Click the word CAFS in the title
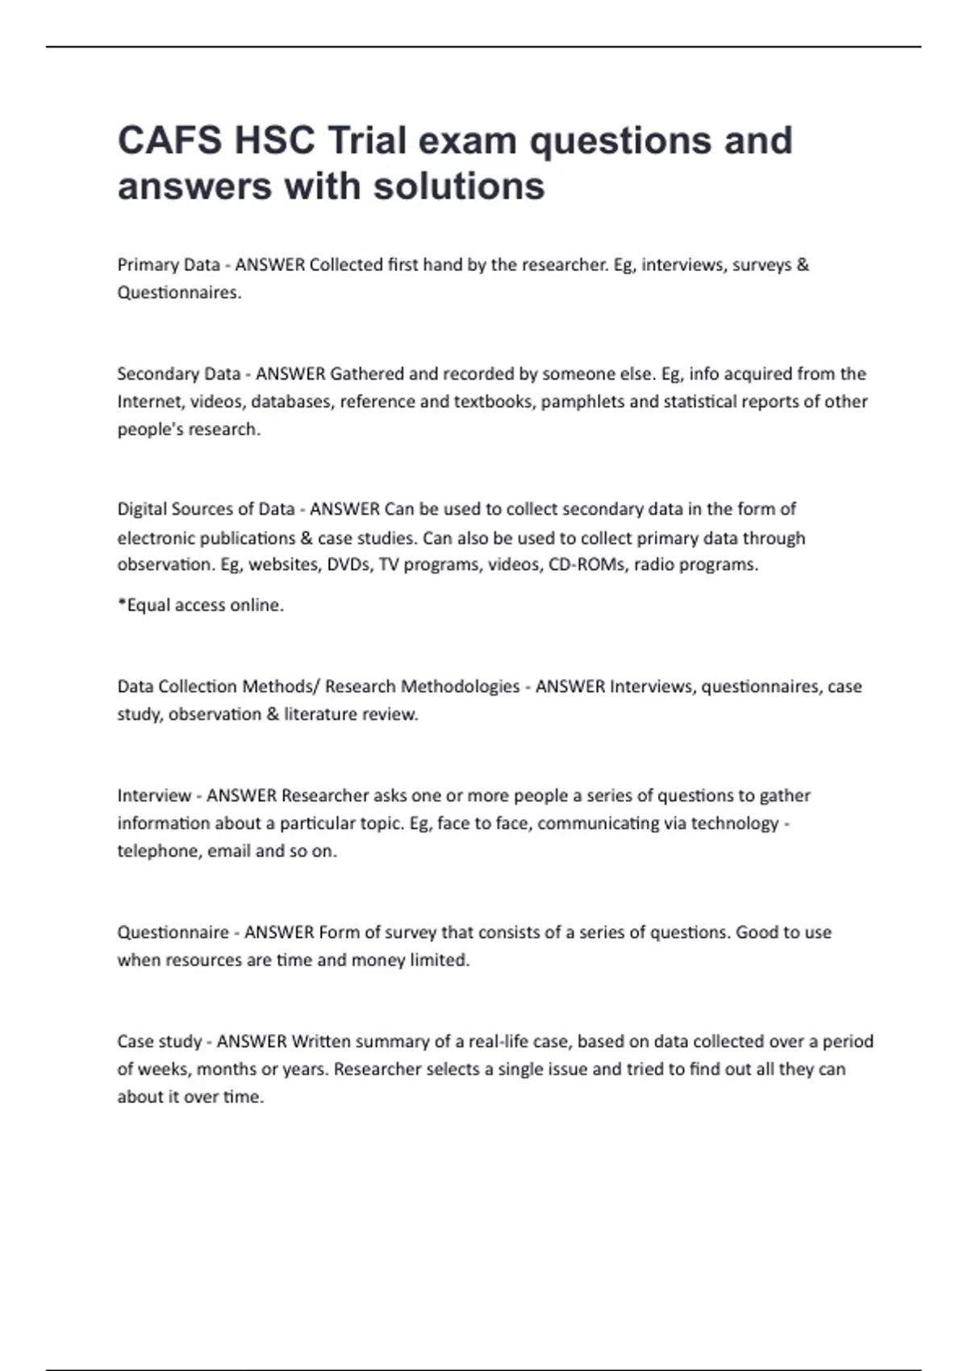[169, 140]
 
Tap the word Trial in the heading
[366, 140]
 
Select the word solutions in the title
[459, 186]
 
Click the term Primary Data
[169, 265]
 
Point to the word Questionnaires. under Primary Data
[179, 293]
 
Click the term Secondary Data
[179, 374]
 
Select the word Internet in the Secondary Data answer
[150, 402]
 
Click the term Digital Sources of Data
[206, 510]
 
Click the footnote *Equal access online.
[201, 606]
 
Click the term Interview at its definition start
[154, 796]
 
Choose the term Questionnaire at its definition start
[173, 933]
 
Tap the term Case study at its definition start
[159, 1042]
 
